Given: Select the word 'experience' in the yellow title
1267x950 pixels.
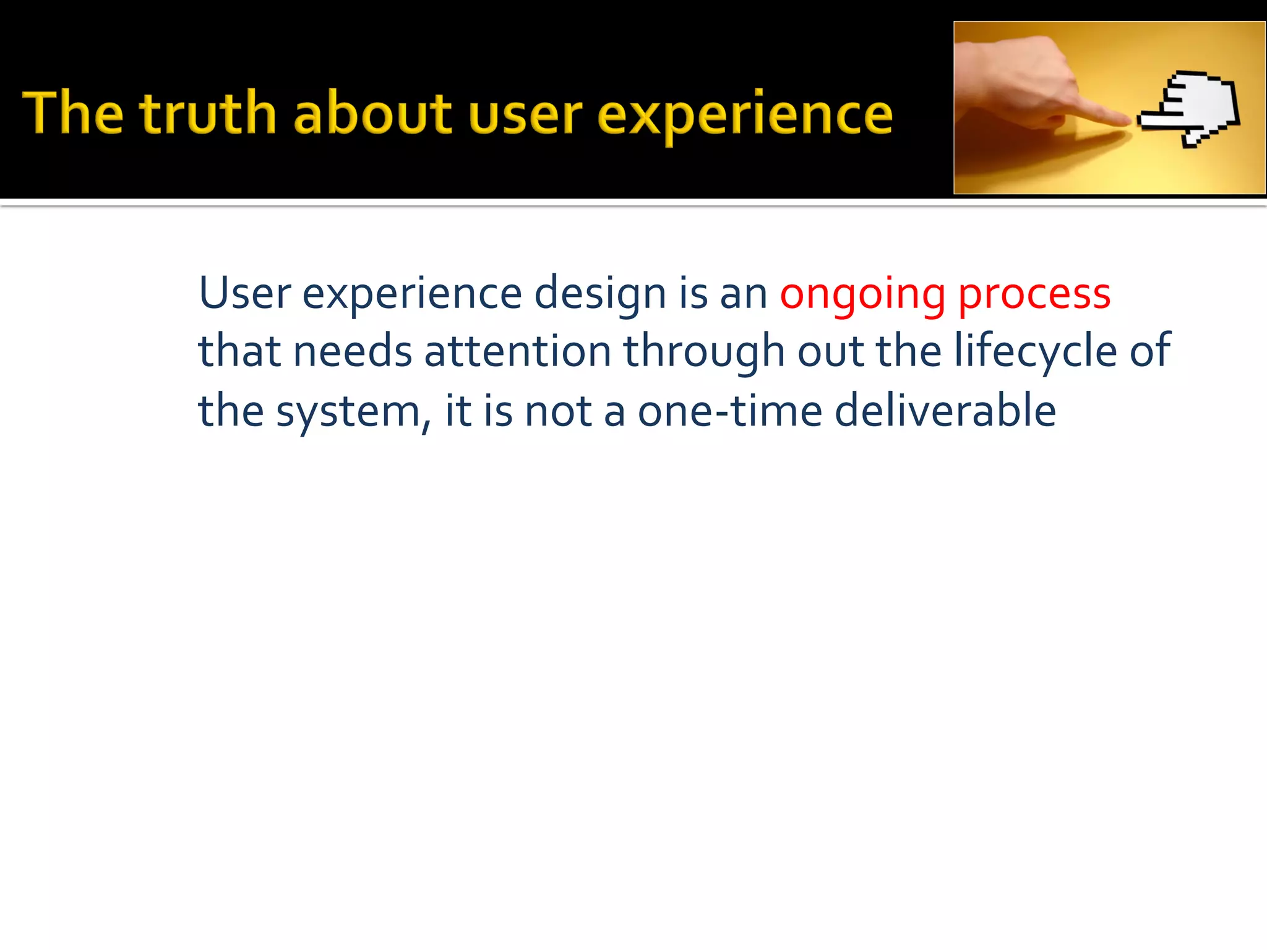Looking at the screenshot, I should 745,116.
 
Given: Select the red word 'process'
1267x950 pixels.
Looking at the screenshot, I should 1034,296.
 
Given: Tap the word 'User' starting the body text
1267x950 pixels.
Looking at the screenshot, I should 244,293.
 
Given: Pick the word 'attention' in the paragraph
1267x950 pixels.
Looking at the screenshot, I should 518,351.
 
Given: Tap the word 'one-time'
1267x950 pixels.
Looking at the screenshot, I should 730,411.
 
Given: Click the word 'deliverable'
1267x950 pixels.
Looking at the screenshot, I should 945,411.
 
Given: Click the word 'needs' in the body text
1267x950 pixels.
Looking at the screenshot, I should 353,351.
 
